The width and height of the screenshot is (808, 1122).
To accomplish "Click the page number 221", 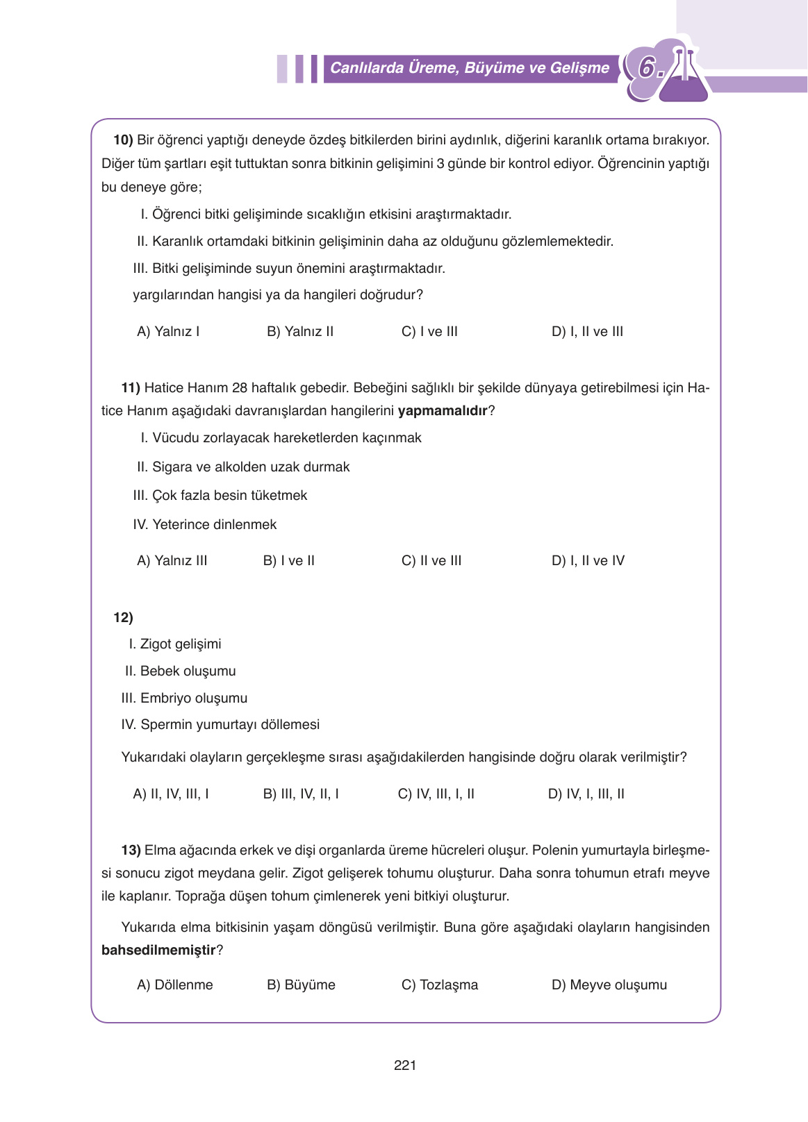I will pos(404,1065).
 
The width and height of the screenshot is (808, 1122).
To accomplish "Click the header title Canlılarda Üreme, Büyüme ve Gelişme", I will pos(469,68).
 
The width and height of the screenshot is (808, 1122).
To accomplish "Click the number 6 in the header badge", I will pos(648,68).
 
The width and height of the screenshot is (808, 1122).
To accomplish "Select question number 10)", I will pos(123,140).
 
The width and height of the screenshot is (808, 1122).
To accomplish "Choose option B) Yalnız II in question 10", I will pos(300,331).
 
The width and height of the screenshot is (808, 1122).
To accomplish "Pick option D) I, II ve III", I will pos(587,331).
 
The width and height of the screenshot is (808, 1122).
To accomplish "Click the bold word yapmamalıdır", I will pos(443,410).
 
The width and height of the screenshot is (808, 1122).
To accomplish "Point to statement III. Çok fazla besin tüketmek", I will pos(220,495).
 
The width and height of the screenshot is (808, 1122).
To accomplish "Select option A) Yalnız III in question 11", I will pos(172,560).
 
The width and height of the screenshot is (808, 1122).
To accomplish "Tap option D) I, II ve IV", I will pos(588,560).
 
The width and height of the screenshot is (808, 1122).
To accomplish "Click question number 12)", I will pos(123,617).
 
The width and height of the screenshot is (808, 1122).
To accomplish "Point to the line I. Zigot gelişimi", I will pos(175,644).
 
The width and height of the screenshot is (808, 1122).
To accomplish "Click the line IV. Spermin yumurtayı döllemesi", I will pos(220,724).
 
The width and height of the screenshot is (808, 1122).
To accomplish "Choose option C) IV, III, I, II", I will pos(436,794).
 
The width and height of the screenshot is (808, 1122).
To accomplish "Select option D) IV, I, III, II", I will pos(586,794).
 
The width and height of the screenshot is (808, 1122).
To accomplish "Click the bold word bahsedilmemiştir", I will pos(158,950).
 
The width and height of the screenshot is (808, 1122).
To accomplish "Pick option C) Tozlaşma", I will pos(440,985).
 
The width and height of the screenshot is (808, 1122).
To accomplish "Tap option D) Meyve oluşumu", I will pos(609,985).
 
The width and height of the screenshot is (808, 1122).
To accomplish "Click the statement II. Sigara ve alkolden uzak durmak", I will pos(243,467).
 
